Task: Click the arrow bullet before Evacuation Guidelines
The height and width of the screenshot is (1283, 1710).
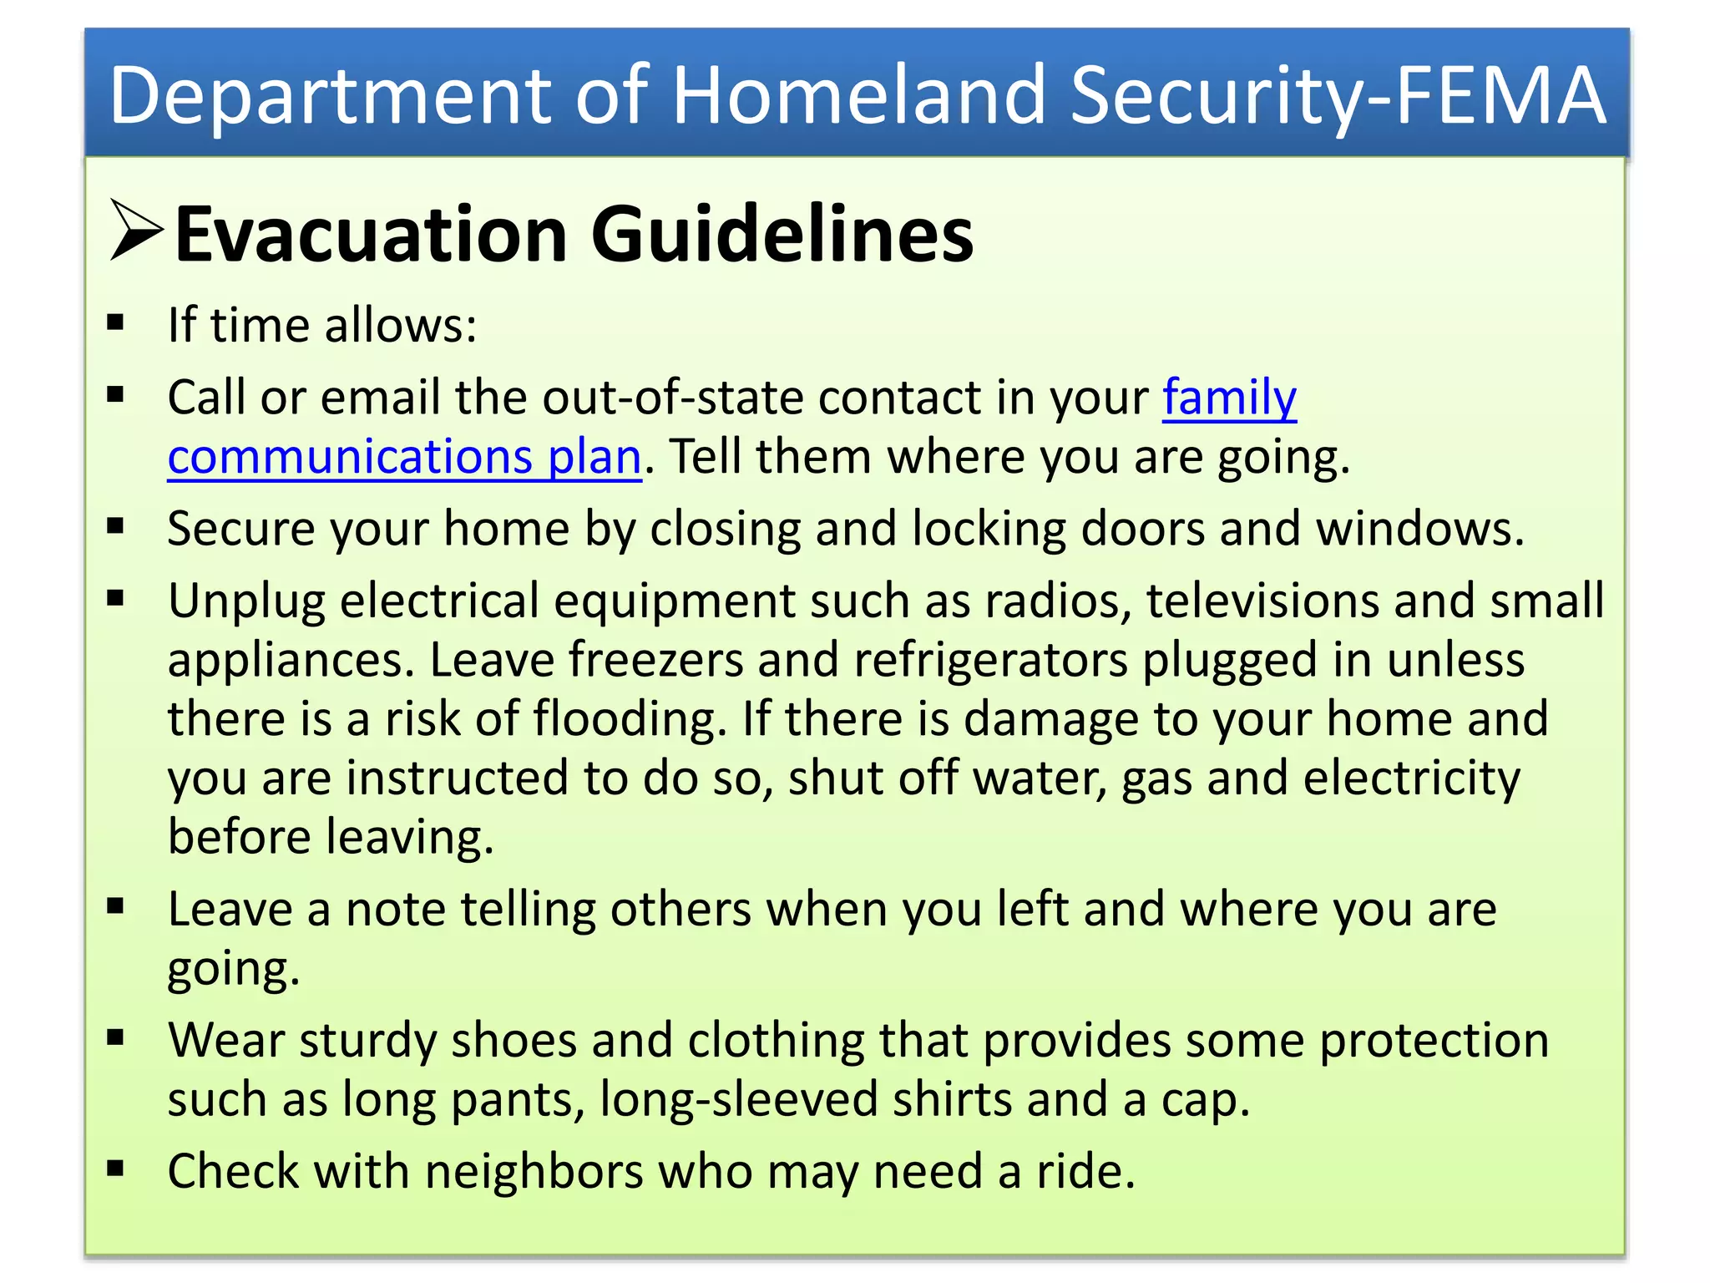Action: tap(135, 231)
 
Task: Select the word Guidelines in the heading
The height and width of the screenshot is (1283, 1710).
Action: tap(782, 235)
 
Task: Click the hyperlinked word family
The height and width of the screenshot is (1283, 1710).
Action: tap(1229, 398)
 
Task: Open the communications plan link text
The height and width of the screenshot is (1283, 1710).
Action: tap(404, 457)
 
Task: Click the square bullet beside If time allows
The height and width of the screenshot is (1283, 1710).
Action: tap(115, 322)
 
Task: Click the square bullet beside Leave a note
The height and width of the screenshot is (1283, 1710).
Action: tap(115, 906)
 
